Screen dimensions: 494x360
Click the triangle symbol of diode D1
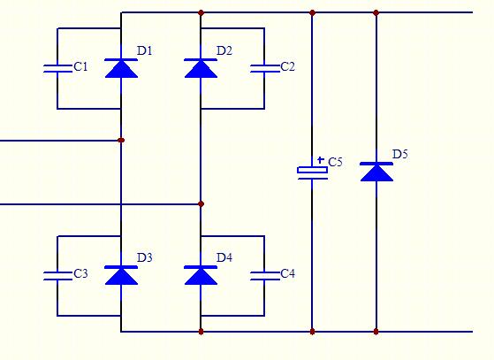click(121, 68)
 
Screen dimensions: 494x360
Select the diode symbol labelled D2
click(201, 68)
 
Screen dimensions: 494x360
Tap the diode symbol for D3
click(121, 275)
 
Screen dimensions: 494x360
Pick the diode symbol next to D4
click(201, 275)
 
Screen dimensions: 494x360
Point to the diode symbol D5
click(376, 172)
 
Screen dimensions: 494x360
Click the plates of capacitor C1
click(57, 68)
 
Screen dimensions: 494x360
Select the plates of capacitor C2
click(264, 68)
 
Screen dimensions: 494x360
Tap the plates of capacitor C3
click(57, 276)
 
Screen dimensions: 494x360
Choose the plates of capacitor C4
click(264, 276)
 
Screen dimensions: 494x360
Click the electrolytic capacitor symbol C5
click(313, 172)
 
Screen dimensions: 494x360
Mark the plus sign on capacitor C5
click(321, 160)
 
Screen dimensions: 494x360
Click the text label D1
click(145, 50)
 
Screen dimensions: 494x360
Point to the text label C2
click(287, 66)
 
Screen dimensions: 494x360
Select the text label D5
click(400, 154)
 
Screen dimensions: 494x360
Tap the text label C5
click(335, 162)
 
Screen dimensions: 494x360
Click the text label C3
click(80, 273)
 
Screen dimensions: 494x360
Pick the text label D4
click(224, 257)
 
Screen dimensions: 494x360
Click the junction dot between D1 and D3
click(121, 141)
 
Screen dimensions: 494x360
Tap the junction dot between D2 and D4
click(201, 204)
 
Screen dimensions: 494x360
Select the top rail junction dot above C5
click(312, 12)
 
